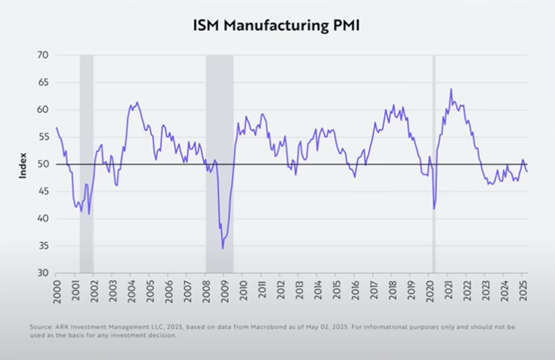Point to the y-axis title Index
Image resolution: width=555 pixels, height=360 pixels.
click(x=23, y=164)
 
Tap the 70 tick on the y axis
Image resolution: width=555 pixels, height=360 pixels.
click(x=42, y=55)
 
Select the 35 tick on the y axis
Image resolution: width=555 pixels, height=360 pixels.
click(x=42, y=246)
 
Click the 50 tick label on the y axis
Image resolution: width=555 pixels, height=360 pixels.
click(x=42, y=164)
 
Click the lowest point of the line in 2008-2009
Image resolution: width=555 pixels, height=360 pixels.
click(x=223, y=249)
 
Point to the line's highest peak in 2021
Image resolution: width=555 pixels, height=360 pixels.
click(x=451, y=89)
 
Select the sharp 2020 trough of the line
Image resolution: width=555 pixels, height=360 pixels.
click(x=434, y=208)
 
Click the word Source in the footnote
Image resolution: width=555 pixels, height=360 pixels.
click(x=42, y=326)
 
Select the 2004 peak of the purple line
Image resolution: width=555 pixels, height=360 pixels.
click(x=137, y=103)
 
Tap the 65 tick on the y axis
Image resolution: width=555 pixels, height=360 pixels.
click(x=42, y=82)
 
